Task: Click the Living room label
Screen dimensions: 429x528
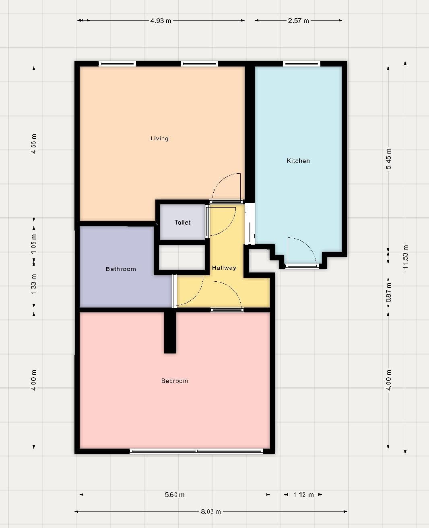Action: pos(159,138)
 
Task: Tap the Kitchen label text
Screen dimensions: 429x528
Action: pos(298,161)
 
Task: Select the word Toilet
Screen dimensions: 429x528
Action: pos(182,222)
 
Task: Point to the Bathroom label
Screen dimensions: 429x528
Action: pos(121,269)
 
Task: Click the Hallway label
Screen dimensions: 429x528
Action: pos(224,268)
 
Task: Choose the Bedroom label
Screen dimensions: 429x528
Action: pos(175,381)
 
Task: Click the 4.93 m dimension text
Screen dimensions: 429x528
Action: pos(161,21)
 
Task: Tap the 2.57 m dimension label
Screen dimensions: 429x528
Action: pos(298,21)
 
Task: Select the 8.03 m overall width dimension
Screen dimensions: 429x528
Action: pos(210,511)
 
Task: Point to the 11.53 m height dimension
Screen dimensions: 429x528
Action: pos(405,257)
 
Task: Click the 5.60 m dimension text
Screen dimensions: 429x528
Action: pos(175,495)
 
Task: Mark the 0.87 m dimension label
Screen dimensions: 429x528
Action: pos(388,293)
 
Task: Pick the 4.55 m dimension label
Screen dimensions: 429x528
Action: pos(34,144)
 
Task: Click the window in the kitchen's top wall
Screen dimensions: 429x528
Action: pos(301,64)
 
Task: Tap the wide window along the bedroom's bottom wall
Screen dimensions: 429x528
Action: pos(196,451)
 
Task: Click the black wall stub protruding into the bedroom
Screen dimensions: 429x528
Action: pos(170,333)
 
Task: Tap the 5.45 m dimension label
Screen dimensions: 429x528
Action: pos(388,159)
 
